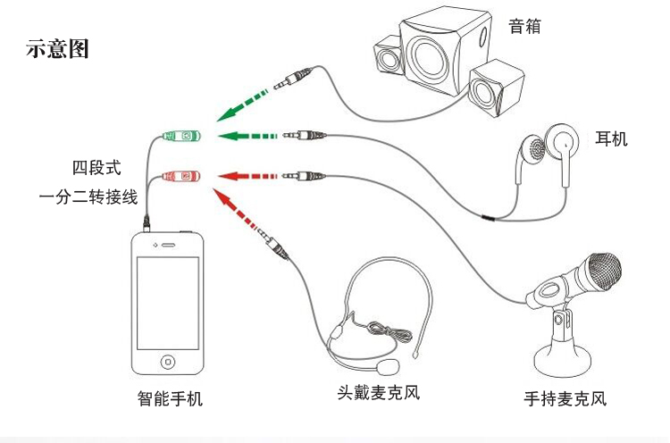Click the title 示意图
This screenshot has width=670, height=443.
(x=58, y=49)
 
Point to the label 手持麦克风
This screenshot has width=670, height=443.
(x=565, y=399)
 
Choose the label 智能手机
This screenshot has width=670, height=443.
(x=170, y=398)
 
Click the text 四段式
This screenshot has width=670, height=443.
(x=96, y=167)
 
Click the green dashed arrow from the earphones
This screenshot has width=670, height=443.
(x=247, y=136)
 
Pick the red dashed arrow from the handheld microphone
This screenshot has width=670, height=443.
(x=247, y=175)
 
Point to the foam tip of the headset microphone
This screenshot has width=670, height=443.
(x=389, y=366)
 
